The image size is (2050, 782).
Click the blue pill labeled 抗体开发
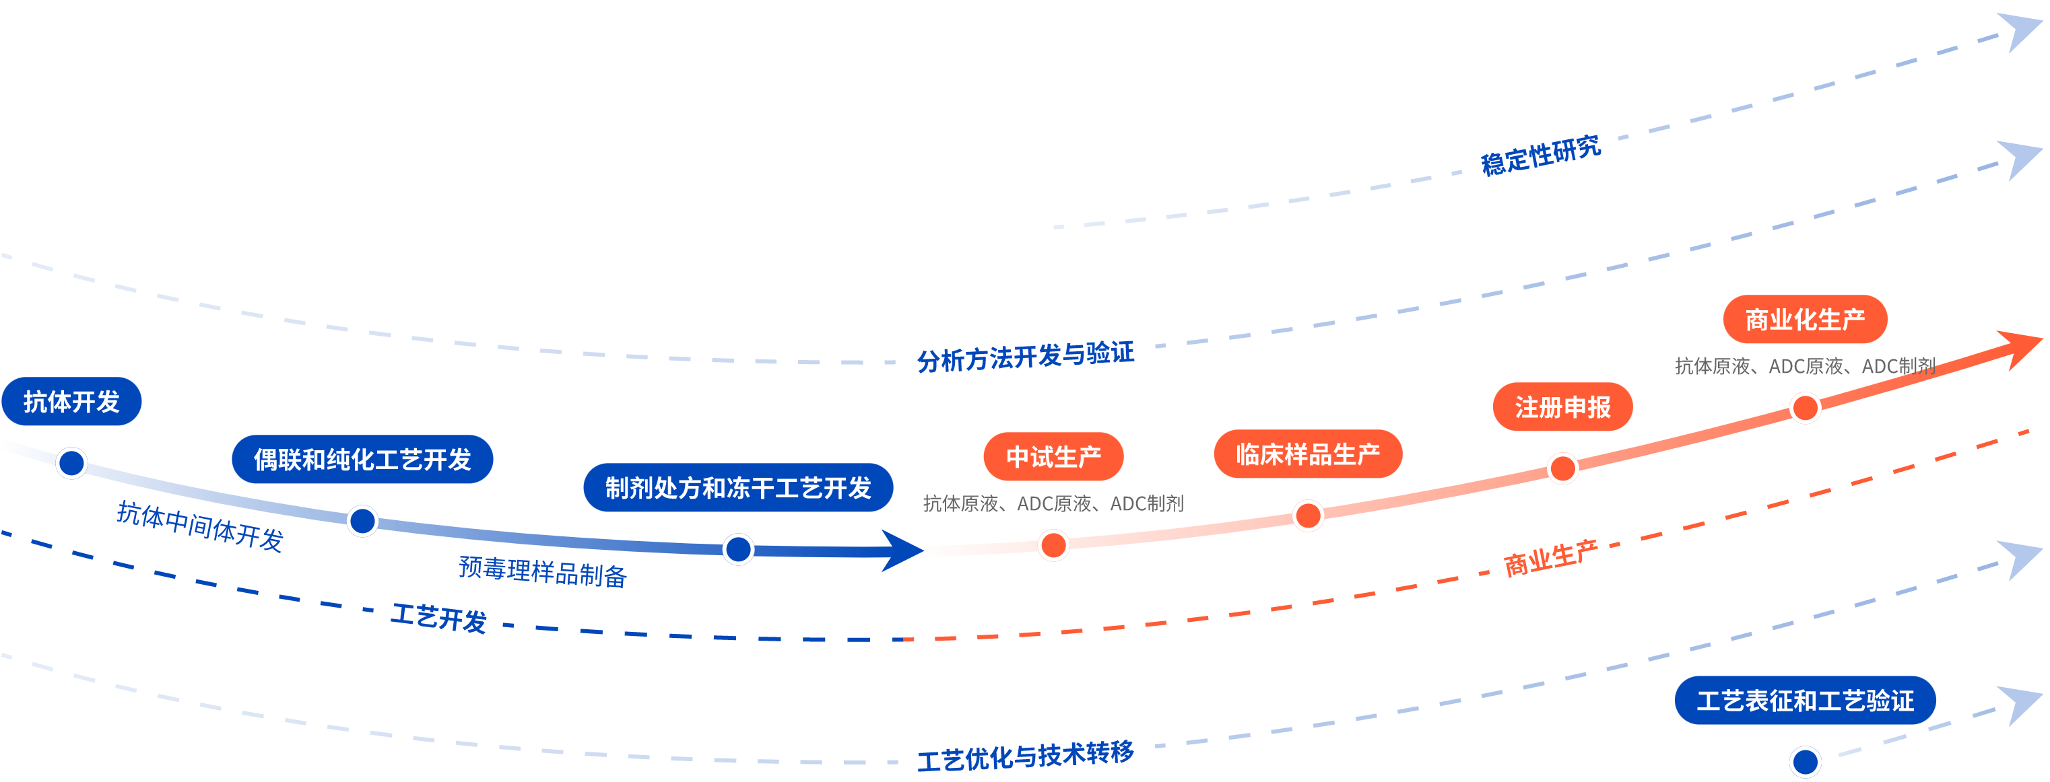(71, 402)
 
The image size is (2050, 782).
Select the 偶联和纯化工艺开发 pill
(362, 459)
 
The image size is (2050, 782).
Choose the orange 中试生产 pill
(1053, 457)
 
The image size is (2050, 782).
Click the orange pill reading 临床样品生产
(1307, 454)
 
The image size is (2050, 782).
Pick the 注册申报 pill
(1562, 407)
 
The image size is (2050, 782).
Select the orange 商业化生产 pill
(1805, 320)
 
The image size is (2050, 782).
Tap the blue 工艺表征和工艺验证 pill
(1805, 701)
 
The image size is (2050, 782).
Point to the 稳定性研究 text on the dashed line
(1541, 154)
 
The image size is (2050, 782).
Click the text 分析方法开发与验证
(1025, 357)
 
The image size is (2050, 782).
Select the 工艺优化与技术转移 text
(1025, 756)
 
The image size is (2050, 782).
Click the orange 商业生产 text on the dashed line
(1550, 559)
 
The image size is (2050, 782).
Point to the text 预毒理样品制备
(543, 571)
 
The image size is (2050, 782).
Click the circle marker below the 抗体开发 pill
(71, 463)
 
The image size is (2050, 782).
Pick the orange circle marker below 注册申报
(1562, 468)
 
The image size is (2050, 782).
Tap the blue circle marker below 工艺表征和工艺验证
(1805, 761)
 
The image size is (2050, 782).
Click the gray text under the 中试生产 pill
(1053, 503)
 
